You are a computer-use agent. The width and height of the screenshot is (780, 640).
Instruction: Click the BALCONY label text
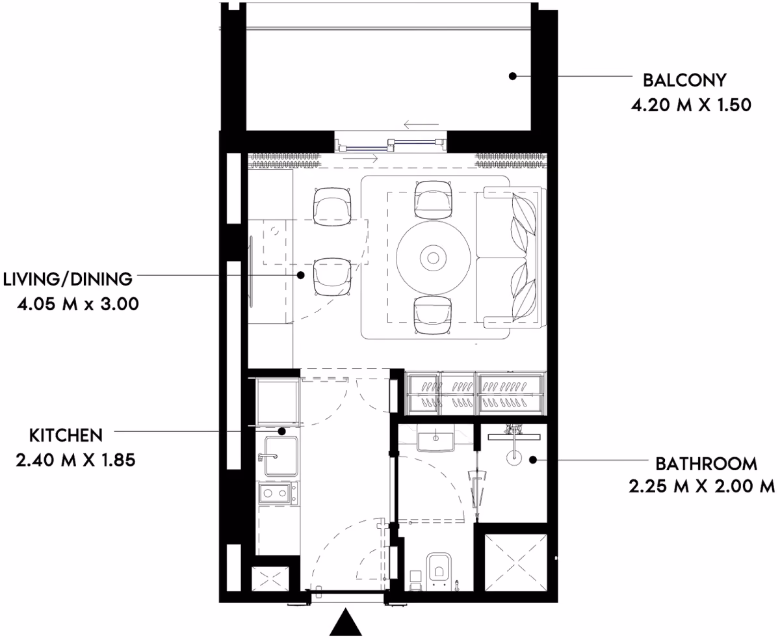pos(684,80)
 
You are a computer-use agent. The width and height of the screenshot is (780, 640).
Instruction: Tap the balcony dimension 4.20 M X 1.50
pos(691,105)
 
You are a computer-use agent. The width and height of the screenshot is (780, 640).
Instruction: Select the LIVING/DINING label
pos(68,279)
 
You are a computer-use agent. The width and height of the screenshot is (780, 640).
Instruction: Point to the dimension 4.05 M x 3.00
pos(77,304)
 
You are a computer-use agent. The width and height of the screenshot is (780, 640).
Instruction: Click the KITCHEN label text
pos(66,435)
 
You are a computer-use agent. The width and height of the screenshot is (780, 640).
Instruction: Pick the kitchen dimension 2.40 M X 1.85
pos(75,460)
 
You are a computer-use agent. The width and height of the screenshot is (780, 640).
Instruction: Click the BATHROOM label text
pos(707,464)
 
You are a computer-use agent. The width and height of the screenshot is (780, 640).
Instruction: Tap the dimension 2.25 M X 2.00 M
pos(701,486)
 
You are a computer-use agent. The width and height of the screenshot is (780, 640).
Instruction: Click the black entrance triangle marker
pos(345,622)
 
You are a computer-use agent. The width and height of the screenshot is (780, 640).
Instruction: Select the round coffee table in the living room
pos(433,258)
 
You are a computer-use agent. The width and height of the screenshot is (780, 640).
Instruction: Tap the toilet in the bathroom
pos(439,572)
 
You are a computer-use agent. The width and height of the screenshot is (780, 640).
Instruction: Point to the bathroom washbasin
pos(435,438)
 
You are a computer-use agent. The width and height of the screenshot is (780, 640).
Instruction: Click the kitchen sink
pos(281,457)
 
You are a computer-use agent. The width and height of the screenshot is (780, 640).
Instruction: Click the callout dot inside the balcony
pos(512,76)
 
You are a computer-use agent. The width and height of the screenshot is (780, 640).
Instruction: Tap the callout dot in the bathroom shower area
pos(532,460)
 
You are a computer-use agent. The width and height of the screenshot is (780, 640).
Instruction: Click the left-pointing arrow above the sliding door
pos(421,124)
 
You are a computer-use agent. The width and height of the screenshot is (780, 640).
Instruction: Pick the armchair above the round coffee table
pos(433,200)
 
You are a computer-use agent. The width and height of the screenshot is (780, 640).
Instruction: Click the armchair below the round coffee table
pos(433,315)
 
